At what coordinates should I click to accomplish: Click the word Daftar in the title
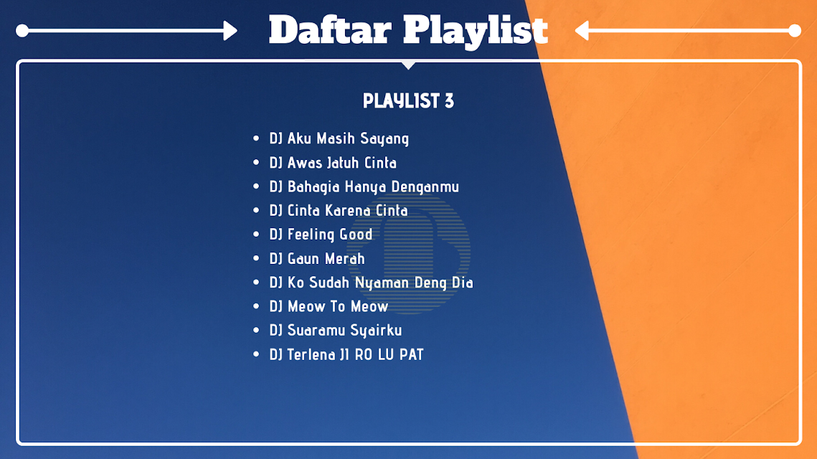330,29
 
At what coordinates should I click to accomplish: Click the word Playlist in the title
475,32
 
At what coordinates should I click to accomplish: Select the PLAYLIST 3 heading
409,100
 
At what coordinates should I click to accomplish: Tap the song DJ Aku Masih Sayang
339,138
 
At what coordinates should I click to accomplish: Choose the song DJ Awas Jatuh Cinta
332,163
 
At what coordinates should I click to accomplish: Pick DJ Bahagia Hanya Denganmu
364,186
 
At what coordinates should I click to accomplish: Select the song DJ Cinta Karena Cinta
338,210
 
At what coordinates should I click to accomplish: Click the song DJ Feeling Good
321,235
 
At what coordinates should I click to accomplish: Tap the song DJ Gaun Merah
317,258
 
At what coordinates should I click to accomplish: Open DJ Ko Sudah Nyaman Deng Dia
371,283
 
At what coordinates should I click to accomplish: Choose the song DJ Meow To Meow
329,306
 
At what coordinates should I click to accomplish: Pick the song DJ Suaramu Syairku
335,331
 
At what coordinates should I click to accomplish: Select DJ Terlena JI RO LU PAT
346,354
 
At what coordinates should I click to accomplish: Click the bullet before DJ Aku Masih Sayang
256,138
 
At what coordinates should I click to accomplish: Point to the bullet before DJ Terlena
256,354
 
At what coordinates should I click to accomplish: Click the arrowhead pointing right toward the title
230,31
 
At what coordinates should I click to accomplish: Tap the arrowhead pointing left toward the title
582,31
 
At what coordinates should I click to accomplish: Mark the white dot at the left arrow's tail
22,31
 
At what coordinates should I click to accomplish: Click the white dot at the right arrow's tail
795,31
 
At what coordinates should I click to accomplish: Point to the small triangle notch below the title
409,65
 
